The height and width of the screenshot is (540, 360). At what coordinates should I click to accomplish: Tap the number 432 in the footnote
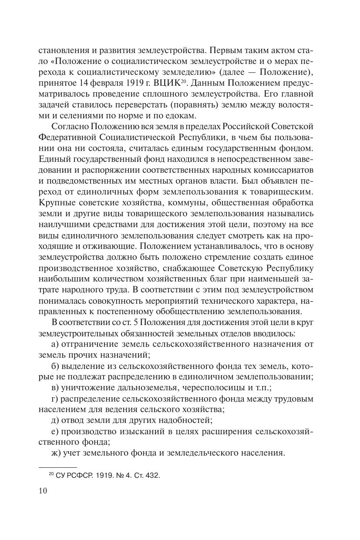click(x=152, y=476)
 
